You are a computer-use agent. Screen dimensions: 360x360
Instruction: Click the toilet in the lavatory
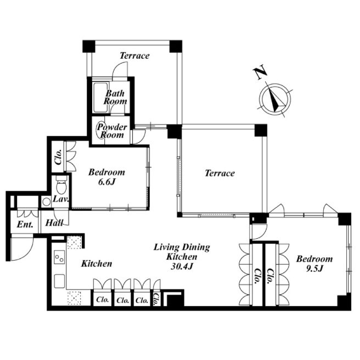(61, 185)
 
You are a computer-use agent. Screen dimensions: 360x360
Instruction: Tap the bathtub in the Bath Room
(100, 97)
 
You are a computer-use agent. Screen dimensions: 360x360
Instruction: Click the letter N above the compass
(260, 73)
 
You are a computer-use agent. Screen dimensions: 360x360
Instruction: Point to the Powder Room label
(112, 131)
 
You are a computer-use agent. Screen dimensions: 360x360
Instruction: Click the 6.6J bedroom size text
(106, 182)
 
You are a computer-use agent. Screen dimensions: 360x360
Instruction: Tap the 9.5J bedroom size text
(314, 268)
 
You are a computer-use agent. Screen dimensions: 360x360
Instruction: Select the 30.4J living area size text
(182, 266)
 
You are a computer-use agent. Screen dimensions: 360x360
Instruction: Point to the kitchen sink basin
(59, 281)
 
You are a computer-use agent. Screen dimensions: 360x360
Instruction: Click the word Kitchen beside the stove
(97, 263)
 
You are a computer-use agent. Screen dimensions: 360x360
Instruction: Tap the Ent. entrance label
(25, 224)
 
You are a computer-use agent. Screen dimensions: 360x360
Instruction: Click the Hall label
(54, 223)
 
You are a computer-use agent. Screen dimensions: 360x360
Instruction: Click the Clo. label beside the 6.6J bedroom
(58, 157)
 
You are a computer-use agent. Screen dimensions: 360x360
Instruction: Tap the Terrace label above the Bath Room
(134, 55)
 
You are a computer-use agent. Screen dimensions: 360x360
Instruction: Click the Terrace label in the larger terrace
(220, 173)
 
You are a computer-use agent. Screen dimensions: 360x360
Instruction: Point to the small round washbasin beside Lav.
(46, 202)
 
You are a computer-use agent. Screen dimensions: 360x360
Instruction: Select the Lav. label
(61, 199)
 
